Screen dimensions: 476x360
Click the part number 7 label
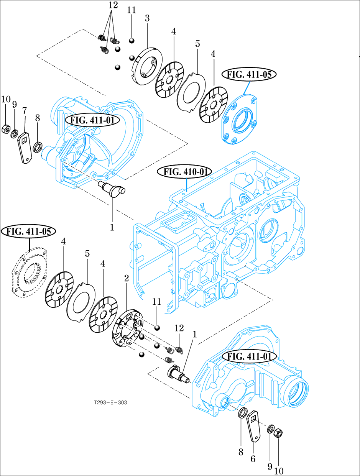25,110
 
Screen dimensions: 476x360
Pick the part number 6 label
253,459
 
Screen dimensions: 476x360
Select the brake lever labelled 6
253,425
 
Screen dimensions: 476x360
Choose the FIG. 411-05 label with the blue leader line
249,74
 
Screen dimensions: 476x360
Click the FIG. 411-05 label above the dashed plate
29,231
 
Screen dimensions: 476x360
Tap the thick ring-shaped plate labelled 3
146,65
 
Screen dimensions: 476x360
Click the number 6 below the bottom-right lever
253,459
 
